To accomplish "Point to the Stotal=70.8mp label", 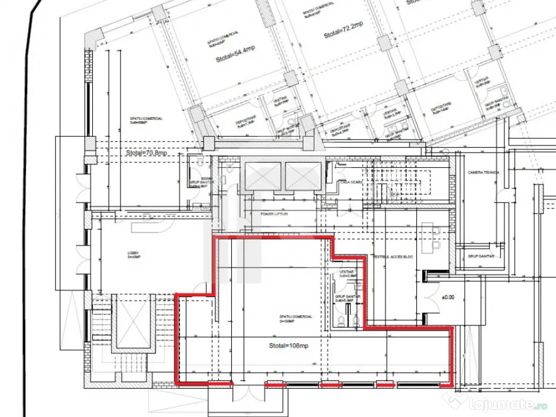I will click(x=147, y=153).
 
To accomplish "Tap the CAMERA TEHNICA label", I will click(x=483, y=172).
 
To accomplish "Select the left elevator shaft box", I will click(x=263, y=176).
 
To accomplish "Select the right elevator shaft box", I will click(x=304, y=176).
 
